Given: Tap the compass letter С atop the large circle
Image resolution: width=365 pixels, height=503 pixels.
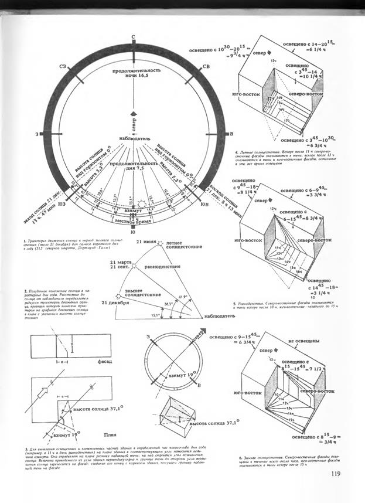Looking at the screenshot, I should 134,38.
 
